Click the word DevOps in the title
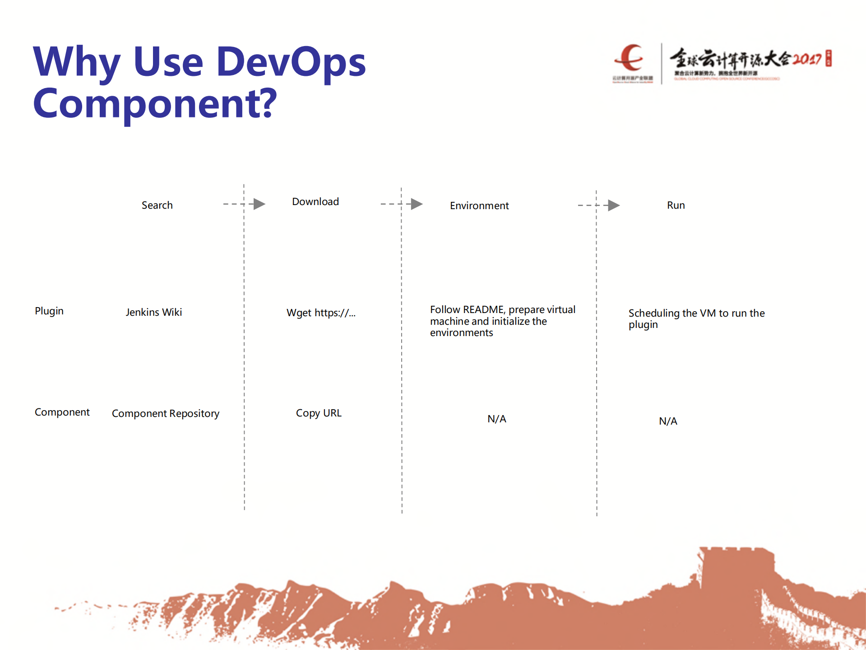pyautogui.click(x=291, y=62)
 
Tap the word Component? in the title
pyautogui.click(x=155, y=103)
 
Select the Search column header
pyautogui.click(x=157, y=205)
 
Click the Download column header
pyautogui.click(x=315, y=201)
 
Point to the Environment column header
pyautogui.click(x=479, y=206)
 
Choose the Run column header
pyautogui.click(x=676, y=205)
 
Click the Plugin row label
pyautogui.click(x=49, y=311)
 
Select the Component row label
pyautogui.click(x=62, y=412)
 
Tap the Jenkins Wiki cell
pyautogui.click(x=153, y=312)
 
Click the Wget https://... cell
pyautogui.click(x=321, y=313)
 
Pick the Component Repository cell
pyautogui.click(x=165, y=413)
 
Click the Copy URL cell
pyautogui.click(x=319, y=413)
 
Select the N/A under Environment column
pyautogui.click(x=496, y=419)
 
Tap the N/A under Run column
pyautogui.click(x=668, y=421)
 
